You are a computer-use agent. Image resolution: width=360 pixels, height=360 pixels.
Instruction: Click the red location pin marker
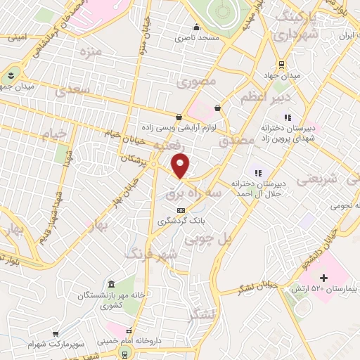pyautogui.click(x=181, y=166)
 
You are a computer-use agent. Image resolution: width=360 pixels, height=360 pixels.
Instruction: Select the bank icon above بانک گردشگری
pyautogui.click(x=181, y=210)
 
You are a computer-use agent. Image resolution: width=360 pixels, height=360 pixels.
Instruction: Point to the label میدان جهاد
pyautogui.click(x=281, y=75)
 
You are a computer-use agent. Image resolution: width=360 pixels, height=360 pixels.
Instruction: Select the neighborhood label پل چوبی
pyautogui.click(x=207, y=240)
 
